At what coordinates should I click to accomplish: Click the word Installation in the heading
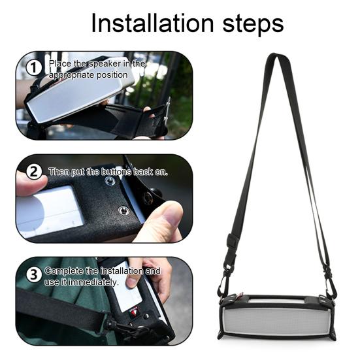[x=153, y=24]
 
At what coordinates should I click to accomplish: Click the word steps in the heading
[x=253, y=24]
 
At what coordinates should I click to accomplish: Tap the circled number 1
[x=34, y=68]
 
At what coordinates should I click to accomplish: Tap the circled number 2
[x=34, y=172]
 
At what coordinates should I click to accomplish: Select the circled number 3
[x=34, y=274]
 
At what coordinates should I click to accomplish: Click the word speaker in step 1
[x=105, y=64]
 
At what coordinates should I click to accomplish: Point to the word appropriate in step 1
[x=72, y=75]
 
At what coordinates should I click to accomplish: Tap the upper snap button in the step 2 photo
[x=110, y=181]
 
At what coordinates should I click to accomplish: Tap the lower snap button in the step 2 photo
[x=123, y=210]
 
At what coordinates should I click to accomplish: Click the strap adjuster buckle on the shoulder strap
[x=232, y=240]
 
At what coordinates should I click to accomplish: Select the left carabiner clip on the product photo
[x=223, y=286]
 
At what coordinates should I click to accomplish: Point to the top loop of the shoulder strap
[x=275, y=56]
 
